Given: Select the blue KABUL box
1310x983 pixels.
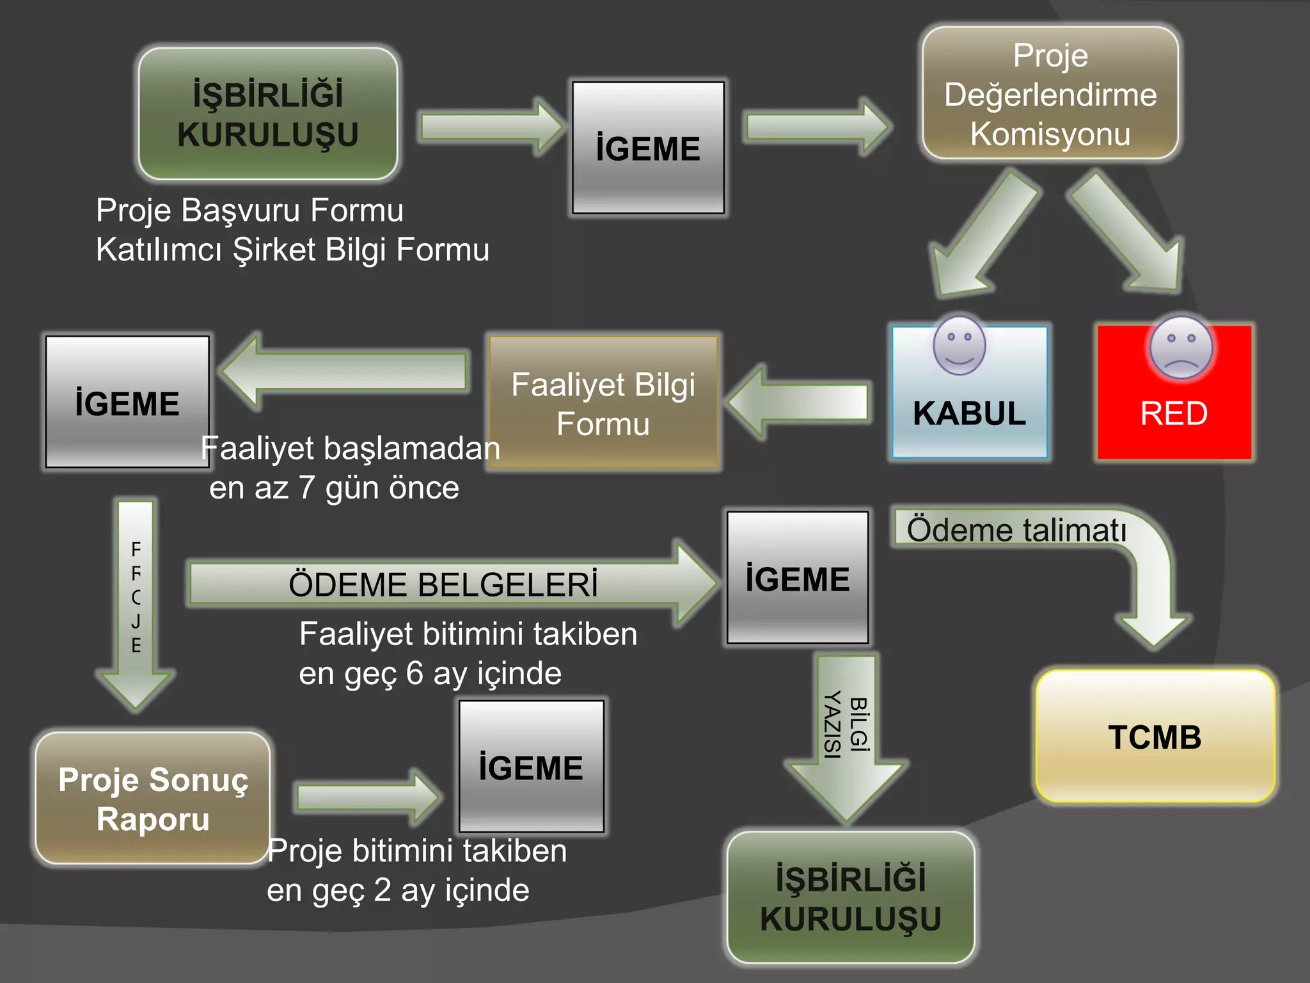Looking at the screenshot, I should (969, 413).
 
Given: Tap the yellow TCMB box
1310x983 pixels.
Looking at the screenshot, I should (1155, 736).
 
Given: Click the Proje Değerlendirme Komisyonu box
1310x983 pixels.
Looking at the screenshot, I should (1050, 94).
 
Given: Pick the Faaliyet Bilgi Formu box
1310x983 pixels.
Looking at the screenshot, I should (603, 403).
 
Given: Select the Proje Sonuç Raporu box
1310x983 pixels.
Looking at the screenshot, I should (153, 799).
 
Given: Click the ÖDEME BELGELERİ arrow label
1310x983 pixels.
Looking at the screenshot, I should (443, 584).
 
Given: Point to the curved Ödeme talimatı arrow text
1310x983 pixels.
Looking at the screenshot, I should (1016, 530).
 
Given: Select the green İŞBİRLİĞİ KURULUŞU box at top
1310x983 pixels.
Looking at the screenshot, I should (268, 114).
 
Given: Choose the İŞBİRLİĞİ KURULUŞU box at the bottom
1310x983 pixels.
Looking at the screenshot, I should (851, 897).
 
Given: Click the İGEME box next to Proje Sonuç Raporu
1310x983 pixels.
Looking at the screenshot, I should (531, 767).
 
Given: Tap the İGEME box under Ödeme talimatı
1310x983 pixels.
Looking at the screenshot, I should (797, 578).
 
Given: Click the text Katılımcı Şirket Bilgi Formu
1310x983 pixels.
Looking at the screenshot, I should (292, 249).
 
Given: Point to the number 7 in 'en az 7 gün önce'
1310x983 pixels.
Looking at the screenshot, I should (306, 488).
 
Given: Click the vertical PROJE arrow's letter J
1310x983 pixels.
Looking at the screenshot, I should (136, 621).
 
